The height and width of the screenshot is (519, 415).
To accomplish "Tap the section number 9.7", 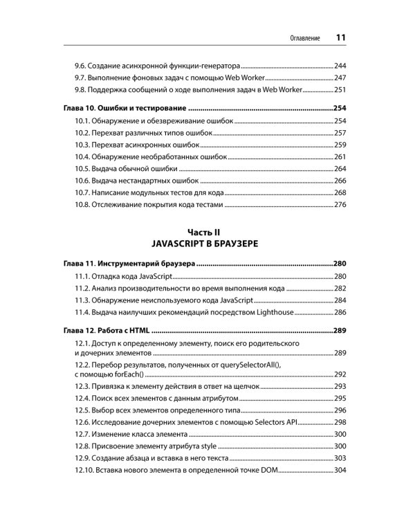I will [80, 77].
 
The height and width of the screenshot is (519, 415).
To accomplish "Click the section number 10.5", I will [83, 168].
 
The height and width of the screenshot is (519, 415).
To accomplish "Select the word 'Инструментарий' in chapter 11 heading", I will [131, 263].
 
